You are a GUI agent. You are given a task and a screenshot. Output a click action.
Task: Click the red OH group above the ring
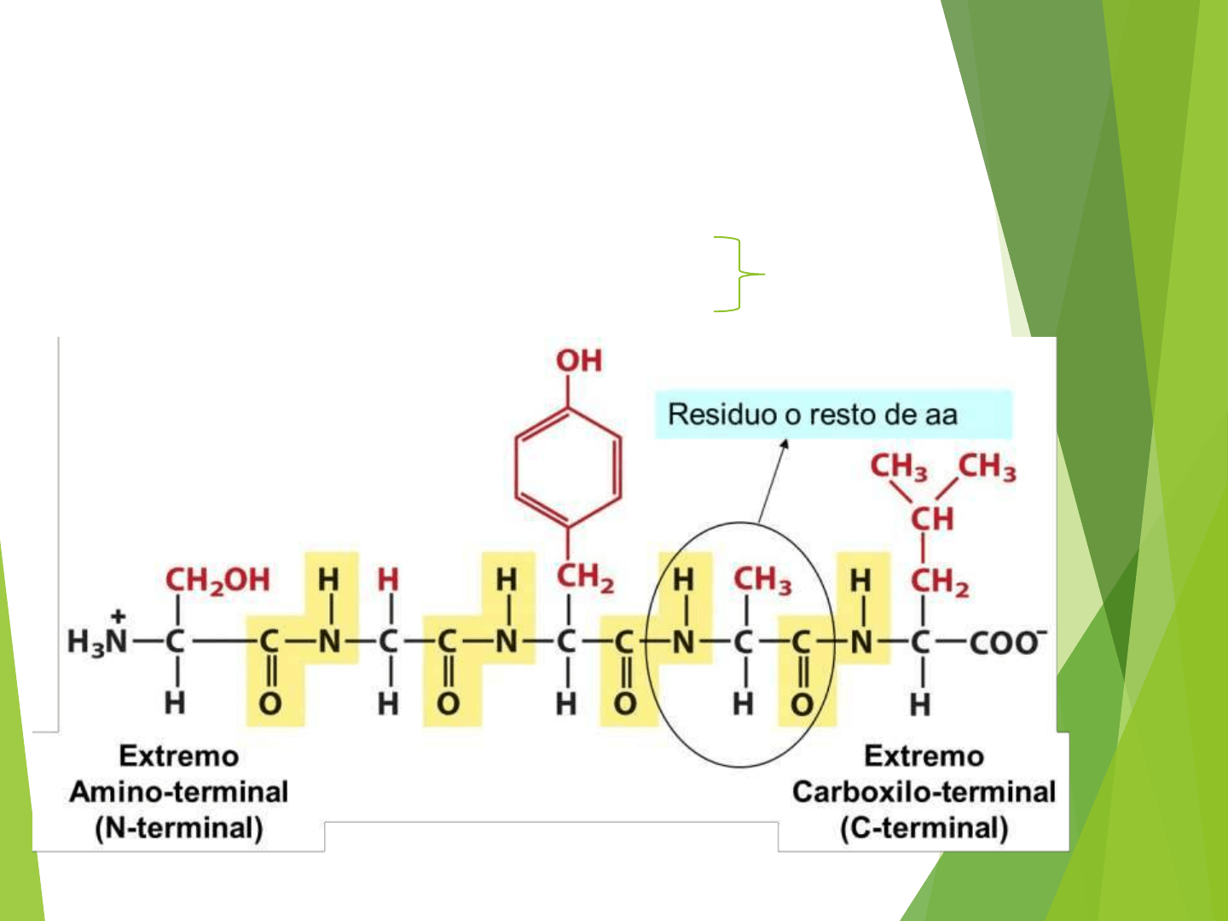pyautogui.click(x=579, y=361)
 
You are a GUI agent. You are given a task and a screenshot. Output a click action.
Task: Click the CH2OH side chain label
pyautogui.click(x=217, y=580)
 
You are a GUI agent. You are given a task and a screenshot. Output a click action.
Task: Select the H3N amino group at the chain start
pyautogui.click(x=96, y=641)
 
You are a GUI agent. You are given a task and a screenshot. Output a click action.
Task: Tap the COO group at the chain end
pyautogui.click(x=1006, y=641)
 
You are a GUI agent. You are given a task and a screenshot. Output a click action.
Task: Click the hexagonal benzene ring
pyautogui.click(x=568, y=466)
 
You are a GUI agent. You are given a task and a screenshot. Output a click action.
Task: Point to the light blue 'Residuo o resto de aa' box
pyautogui.click(x=832, y=414)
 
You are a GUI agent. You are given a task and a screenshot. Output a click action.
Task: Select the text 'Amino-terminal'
pyautogui.click(x=179, y=791)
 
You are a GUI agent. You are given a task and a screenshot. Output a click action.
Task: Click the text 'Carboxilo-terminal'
pyautogui.click(x=924, y=791)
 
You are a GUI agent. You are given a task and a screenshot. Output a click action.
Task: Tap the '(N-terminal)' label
pyautogui.click(x=179, y=828)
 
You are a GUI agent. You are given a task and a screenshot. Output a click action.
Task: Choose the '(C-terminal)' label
pyautogui.click(x=924, y=828)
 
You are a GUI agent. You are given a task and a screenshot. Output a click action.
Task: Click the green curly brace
pyautogui.click(x=739, y=274)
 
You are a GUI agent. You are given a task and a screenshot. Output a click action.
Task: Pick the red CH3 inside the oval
pyautogui.click(x=762, y=580)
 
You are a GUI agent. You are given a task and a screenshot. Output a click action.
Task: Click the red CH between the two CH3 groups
pyautogui.click(x=931, y=518)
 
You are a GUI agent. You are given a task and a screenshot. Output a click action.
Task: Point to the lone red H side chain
pyautogui.click(x=388, y=580)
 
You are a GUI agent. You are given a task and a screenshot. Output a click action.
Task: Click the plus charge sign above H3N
pyautogui.click(x=118, y=616)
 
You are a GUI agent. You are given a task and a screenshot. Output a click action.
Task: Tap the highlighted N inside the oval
pyautogui.click(x=683, y=641)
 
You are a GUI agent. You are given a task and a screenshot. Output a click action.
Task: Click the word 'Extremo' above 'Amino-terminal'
pyautogui.click(x=179, y=756)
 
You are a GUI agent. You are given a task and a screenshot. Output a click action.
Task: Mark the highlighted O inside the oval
pyautogui.click(x=802, y=704)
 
